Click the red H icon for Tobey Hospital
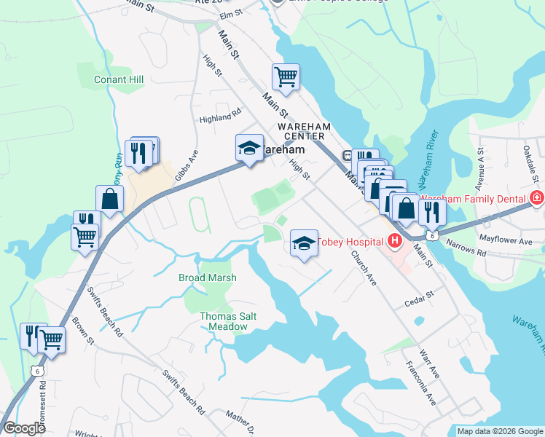tap(394, 240)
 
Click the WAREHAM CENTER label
tap(305, 131)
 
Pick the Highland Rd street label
tap(220, 114)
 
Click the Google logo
tap(24, 428)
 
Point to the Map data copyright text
tap(499, 431)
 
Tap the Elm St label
tap(230, 14)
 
